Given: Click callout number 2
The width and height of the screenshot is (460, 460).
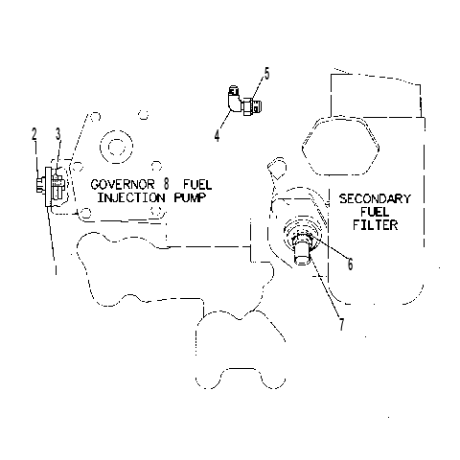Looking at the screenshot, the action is (x=34, y=134).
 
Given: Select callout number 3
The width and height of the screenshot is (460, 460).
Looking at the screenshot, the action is (x=57, y=134).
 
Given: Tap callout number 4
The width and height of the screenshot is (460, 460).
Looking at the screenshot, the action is (x=218, y=136).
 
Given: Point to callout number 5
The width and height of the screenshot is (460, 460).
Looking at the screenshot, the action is (x=266, y=74).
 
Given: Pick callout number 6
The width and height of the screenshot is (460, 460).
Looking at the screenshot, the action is (x=351, y=264).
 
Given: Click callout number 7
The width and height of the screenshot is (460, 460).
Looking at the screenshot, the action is (x=342, y=325).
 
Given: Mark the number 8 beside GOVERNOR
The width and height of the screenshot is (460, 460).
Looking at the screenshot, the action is (x=166, y=184).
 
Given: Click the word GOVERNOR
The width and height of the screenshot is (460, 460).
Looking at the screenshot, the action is (x=123, y=184).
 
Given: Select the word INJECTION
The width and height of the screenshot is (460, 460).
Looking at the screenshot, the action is (x=131, y=197).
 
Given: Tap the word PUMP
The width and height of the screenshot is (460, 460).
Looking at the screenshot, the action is (x=190, y=197).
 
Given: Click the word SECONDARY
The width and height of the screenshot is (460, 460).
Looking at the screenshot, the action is (x=375, y=198).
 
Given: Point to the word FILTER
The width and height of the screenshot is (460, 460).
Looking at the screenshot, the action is (x=376, y=225).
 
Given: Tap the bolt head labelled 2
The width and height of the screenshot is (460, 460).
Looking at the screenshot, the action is (x=40, y=185).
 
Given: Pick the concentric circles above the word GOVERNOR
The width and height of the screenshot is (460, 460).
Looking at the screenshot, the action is (x=116, y=148).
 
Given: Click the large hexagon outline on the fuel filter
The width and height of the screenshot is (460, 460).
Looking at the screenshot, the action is (x=340, y=146).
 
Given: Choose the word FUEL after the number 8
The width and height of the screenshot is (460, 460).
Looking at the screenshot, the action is (x=197, y=184).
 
